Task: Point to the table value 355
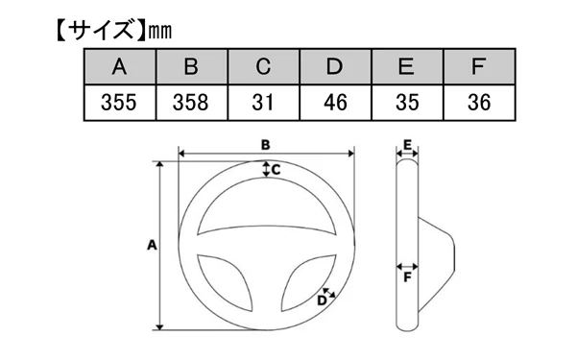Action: coord(119,102)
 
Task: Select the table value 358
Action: coord(190,102)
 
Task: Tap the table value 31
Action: coord(263,102)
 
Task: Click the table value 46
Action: coord(334,102)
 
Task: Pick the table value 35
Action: coord(406,102)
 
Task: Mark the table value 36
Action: coord(477,102)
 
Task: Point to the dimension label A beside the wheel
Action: coord(151,245)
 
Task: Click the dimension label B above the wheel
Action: coord(265,144)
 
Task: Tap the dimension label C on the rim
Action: coord(275,170)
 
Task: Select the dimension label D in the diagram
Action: coord(321,300)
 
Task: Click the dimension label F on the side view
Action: coord(408,278)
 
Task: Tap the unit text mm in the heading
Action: coord(158,31)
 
